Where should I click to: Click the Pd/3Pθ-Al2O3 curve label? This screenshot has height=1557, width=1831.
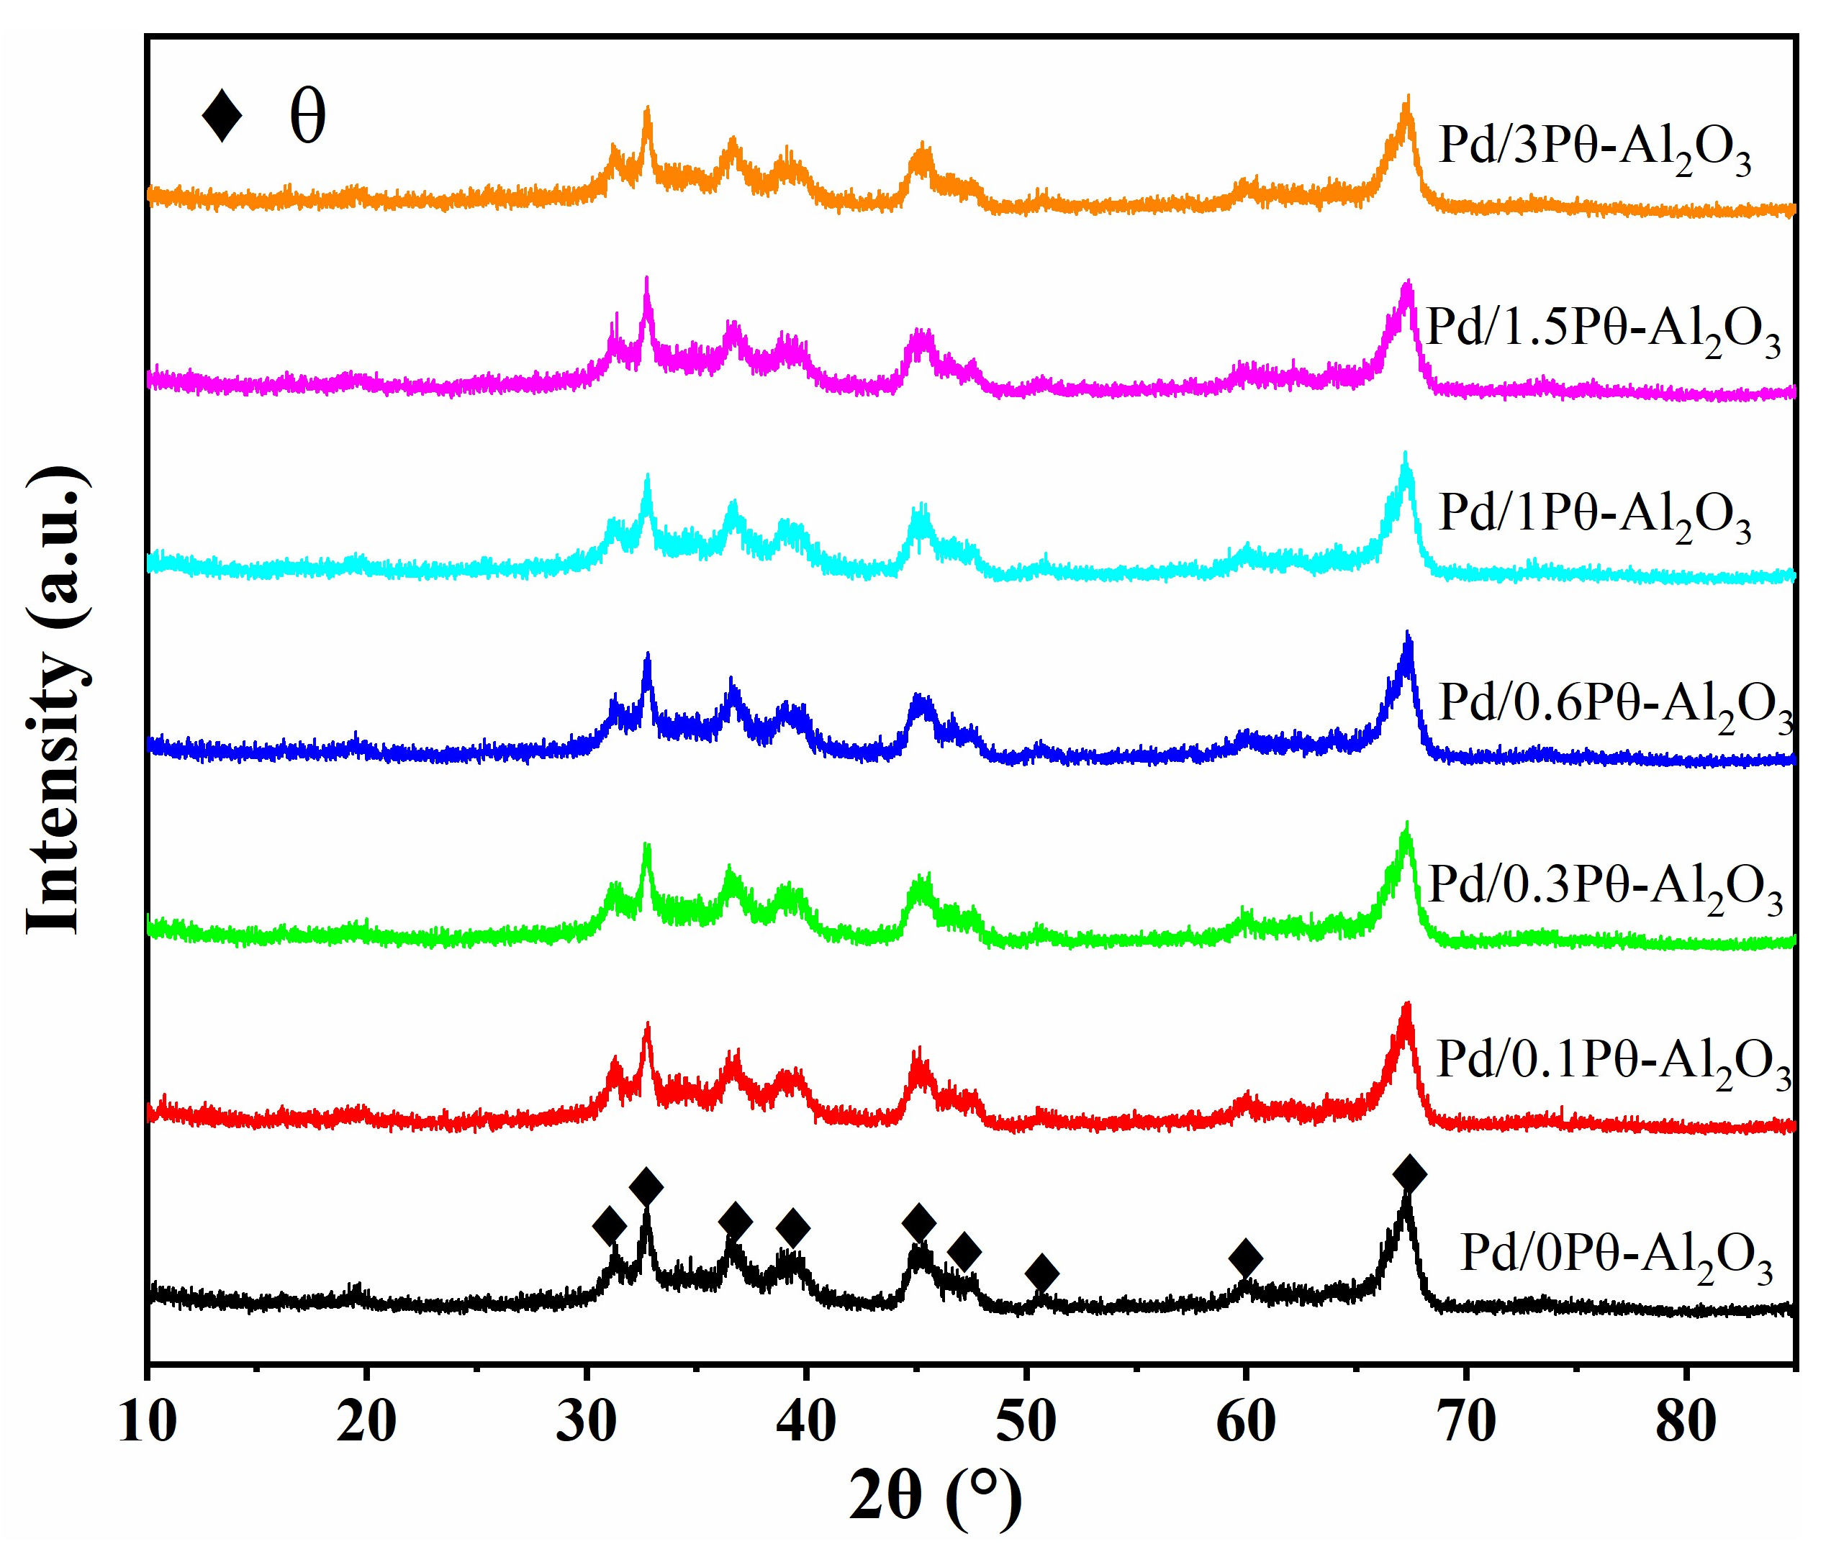click(x=1594, y=148)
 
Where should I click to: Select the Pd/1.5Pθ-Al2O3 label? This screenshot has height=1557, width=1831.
click(x=1602, y=331)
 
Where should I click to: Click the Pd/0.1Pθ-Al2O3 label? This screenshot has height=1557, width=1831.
click(x=1612, y=1063)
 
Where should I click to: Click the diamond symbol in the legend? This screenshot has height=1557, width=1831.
click(x=222, y=116)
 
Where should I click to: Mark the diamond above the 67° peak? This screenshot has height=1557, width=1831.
click(x=1409, y=1175)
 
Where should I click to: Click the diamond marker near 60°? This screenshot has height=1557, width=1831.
click(x=1245, y=1258)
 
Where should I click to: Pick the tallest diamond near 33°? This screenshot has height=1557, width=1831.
click(x=646, y=1186)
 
